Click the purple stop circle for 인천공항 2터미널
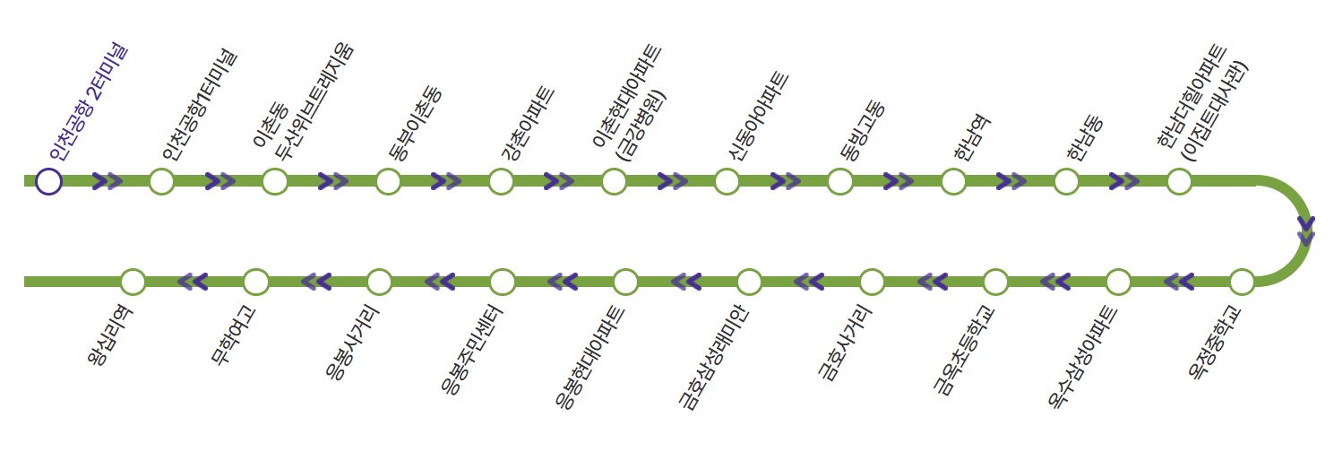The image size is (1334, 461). click(x=48, y=181)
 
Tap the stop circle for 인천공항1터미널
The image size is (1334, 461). click(x=161, y=181)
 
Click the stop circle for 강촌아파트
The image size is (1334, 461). click(x=501, y=181)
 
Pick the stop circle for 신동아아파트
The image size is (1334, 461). click(x=727, y=181)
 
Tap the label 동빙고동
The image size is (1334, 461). click(x=862, y=131)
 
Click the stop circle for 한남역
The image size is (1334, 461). click(x=953, y=181)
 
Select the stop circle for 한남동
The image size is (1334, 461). click(x=1066, y=181)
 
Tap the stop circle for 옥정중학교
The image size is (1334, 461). click(x=1241, y=282)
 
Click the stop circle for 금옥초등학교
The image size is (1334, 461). click(x=995, y=282)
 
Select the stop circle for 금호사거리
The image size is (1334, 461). click(x=872, y=282)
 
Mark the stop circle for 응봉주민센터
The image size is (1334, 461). click(x=503, y=282)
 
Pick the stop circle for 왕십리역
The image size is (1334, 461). click(x=133, y=282)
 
